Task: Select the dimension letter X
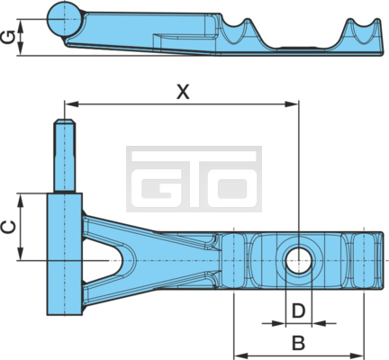tap(183, 92)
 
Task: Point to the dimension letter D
tap(299, 310)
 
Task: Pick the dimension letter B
tap(299, 343)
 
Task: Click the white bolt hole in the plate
tap(299, 260)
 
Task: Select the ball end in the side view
tap(64, 19)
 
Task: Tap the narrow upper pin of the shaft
tap(64, 155)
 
